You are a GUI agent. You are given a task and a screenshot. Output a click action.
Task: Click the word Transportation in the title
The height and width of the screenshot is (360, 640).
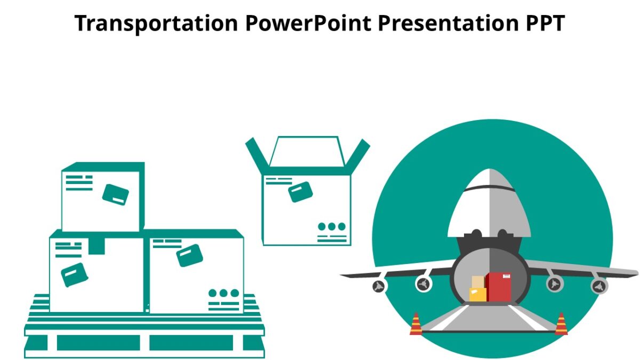(156, 23)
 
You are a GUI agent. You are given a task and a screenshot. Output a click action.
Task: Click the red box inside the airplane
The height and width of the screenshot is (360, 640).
(498, 287)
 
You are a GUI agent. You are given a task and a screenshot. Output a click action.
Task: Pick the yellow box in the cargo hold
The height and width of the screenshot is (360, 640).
(477, 294)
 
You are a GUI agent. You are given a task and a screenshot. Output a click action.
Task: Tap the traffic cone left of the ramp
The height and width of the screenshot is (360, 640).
(416, 324)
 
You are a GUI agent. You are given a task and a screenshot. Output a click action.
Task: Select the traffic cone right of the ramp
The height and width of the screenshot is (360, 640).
(561, 324)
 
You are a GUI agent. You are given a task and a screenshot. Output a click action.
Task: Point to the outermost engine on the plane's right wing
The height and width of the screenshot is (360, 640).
(599, 286)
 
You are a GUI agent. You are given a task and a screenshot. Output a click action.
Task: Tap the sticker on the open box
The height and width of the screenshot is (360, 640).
(300, 191)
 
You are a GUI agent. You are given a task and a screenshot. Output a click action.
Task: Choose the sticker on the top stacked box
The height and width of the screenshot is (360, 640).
(116, 194)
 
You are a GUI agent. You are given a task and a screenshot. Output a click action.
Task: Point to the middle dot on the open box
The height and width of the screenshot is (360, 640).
(332, 226)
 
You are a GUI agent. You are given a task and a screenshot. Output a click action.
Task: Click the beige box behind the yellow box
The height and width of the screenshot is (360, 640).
(478, 282)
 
